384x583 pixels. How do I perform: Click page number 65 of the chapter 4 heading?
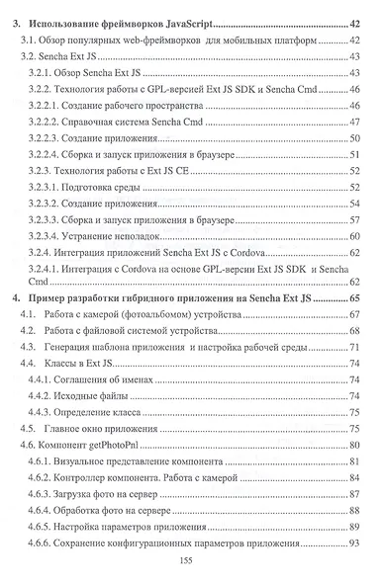(353, 297)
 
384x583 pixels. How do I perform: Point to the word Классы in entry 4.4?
(66, 364)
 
